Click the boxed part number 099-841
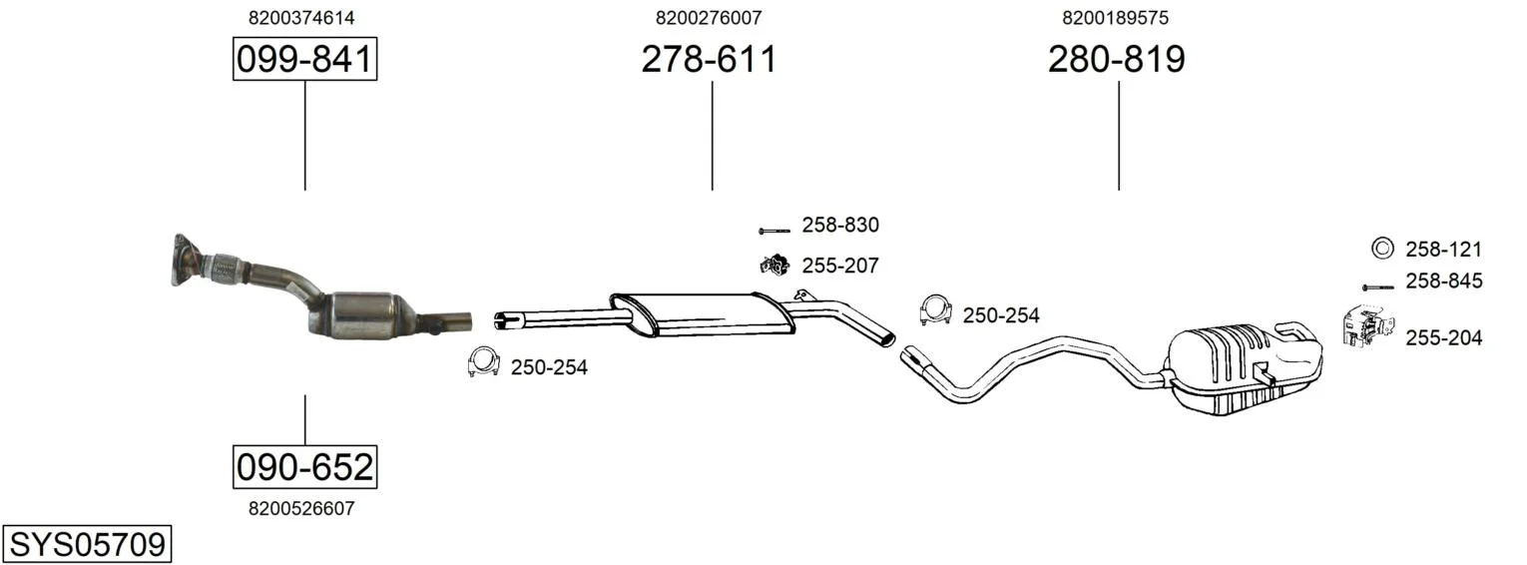click(304, 59)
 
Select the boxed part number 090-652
click(304, 467)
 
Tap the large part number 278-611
click(709, 59)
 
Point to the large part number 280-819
click(1117, 59)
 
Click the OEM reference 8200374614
click(301, 18)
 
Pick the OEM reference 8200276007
click(709, 18)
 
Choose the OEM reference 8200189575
click(1115, 18)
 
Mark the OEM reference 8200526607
click(301, 508)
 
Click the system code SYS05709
click(87, 544)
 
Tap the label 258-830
click(840, 225)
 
